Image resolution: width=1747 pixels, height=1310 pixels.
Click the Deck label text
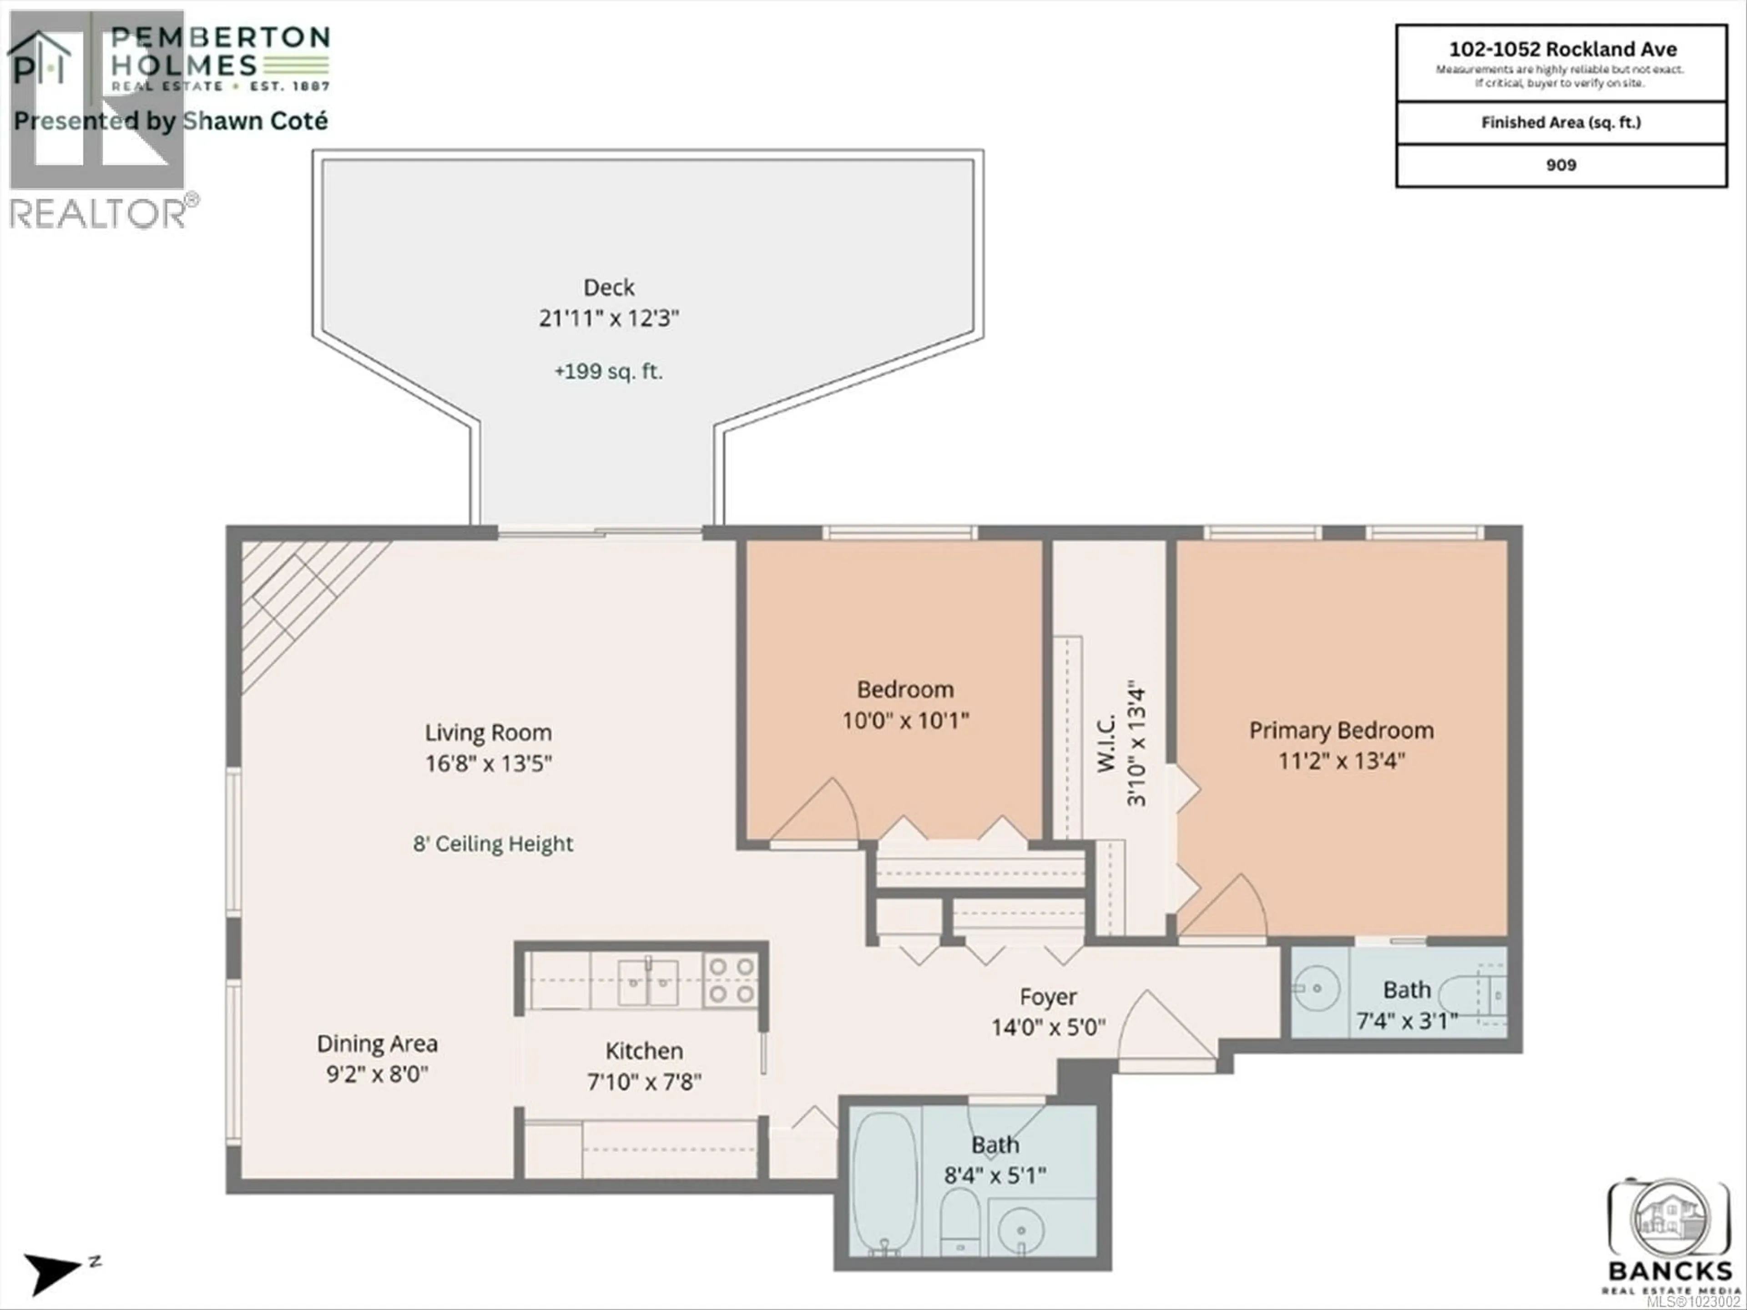click(x=608, y=287)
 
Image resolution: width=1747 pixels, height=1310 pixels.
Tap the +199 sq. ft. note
click(x=608, y=371)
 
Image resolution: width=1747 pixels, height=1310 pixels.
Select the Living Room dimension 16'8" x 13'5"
click(x=488, y=764)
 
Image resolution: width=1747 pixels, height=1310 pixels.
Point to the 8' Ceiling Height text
click(x=493, y=844)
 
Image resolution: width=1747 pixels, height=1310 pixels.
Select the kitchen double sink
click(x=647, y=982)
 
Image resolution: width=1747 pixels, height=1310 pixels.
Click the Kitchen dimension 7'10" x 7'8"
click(x=644, y=1082)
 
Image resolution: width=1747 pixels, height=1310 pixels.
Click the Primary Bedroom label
click(x=1341, y=731)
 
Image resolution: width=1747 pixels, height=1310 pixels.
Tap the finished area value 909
click(x=1560, y=165)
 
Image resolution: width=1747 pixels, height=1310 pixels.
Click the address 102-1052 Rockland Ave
click(x=1562, y=50)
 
